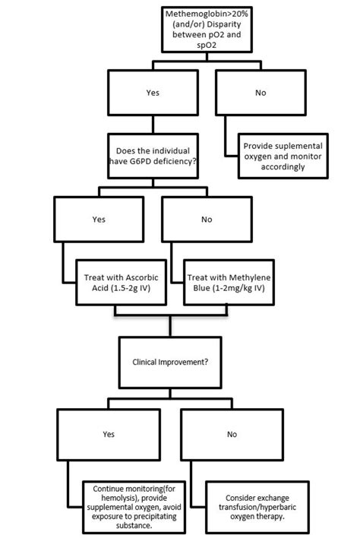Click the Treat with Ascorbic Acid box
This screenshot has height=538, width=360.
[x=121, y=283]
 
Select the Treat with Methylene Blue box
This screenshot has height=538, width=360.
[x=229, y=283]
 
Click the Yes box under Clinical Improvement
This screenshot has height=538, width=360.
[x=109, y=435]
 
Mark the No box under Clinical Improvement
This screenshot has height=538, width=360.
[x=230, y=435]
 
